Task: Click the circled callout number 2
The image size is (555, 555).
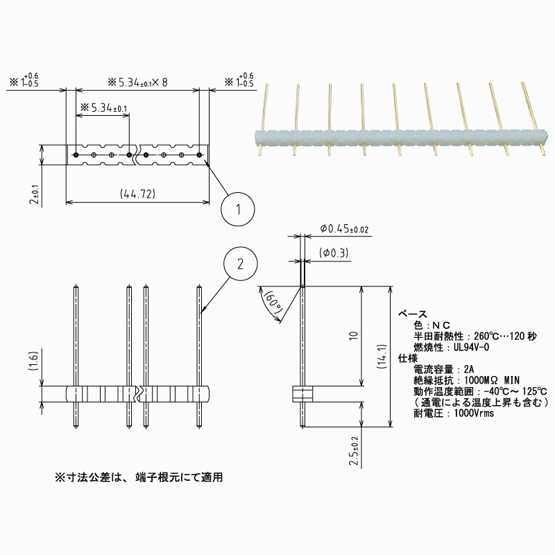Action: pos(240,264)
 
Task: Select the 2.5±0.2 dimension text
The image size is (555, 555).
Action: pos(355,451)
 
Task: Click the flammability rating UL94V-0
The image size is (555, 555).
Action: pos(471,347)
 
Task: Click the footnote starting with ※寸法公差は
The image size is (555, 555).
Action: pos(139,478)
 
